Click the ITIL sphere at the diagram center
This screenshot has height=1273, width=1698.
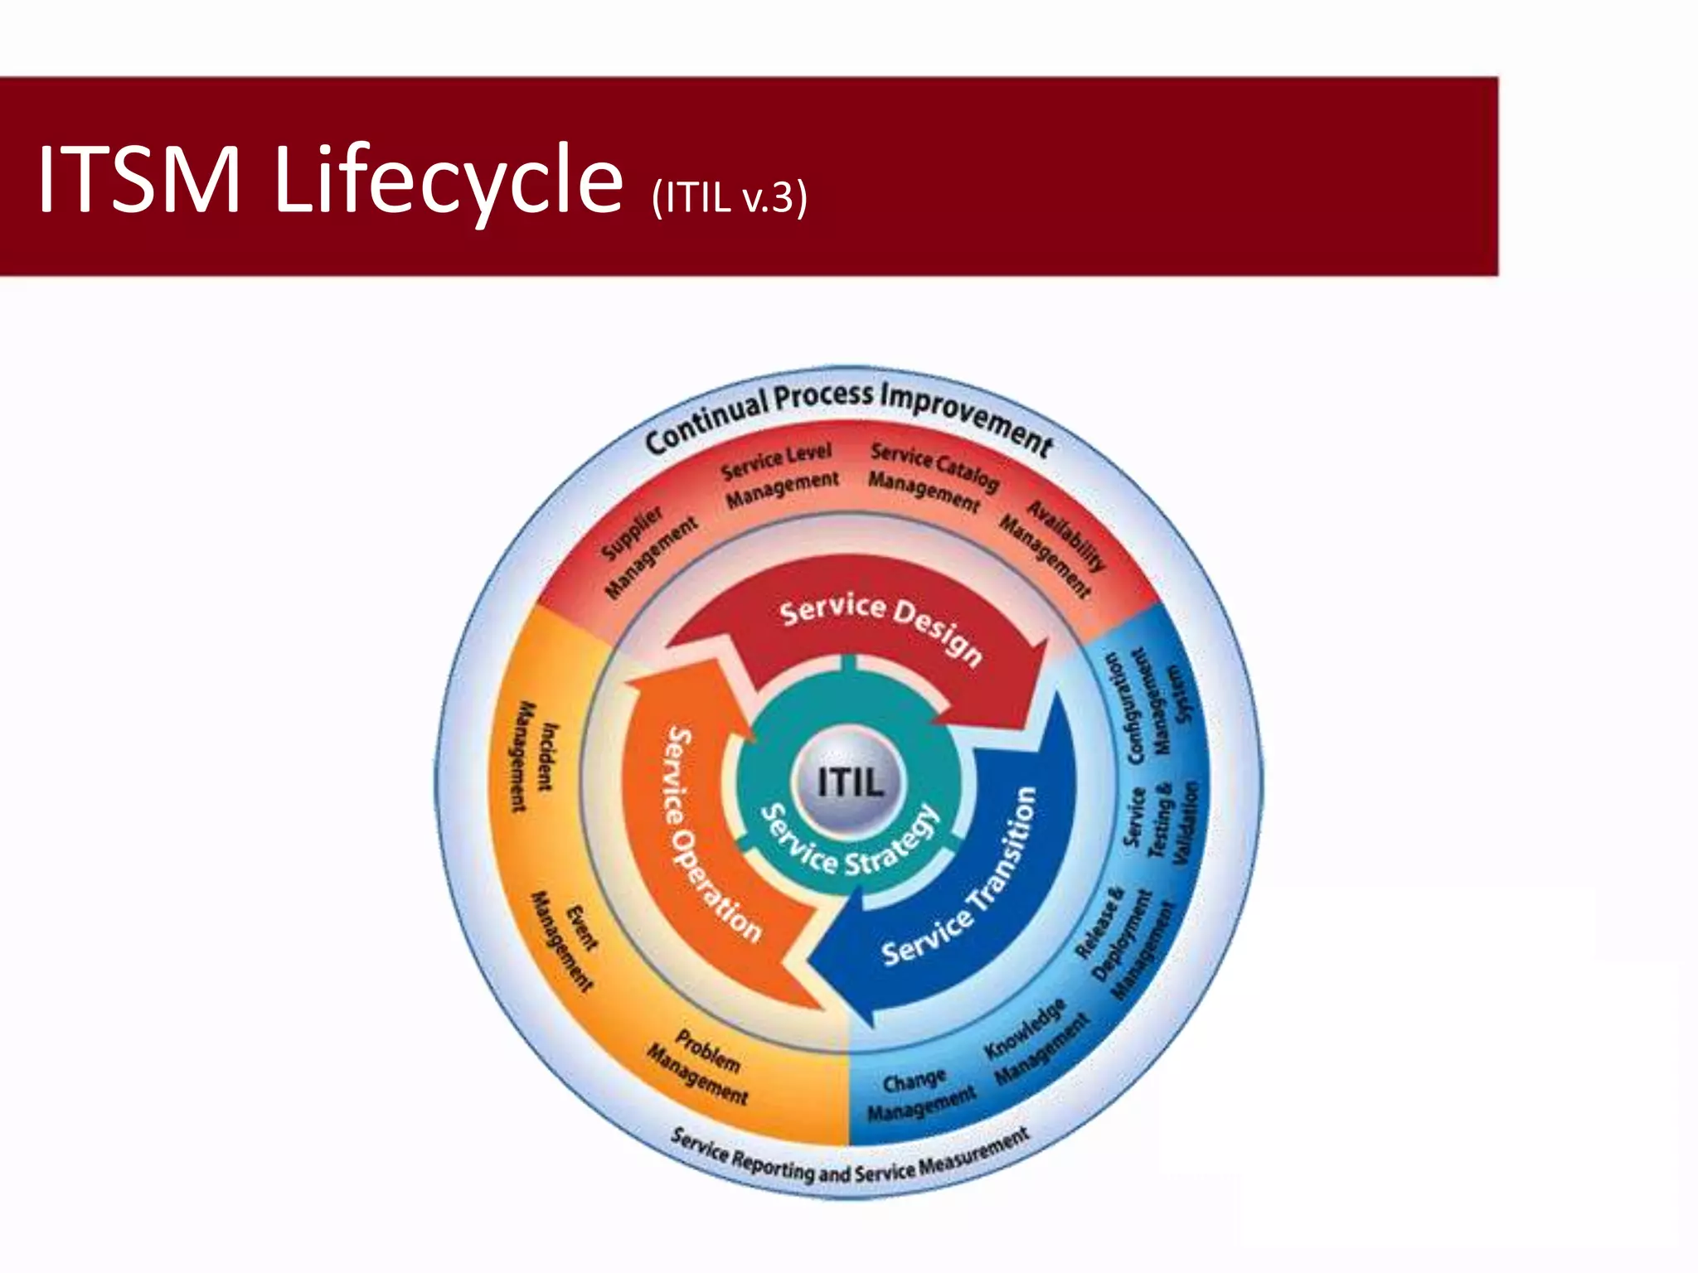tap(848, 781)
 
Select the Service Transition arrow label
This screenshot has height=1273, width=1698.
tap(962, 879)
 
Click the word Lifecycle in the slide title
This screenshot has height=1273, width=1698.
tap(447, 179)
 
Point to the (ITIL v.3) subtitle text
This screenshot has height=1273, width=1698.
tap(729, 197)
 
